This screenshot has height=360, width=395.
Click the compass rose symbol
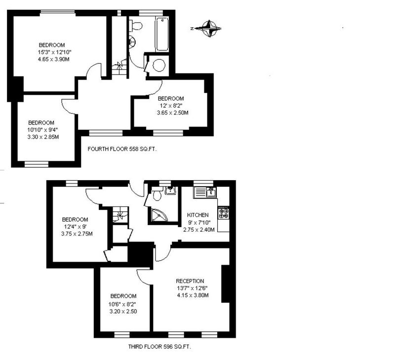(208, 29)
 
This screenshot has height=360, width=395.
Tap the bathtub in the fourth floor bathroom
(162, 34)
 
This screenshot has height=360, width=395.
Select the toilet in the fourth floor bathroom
(136, 26)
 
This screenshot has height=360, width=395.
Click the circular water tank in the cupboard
(159, 66)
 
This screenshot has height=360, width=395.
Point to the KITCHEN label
(198, 215)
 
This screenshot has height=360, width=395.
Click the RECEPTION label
(190, 281)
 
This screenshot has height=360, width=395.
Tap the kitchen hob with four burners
(224, 213)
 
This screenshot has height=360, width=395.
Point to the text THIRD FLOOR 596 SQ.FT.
(159, 347)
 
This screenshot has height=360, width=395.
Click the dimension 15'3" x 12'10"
(55, 52)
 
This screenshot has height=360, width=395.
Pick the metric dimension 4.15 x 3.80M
(193, 295)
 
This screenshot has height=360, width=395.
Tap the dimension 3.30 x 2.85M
(43, 137)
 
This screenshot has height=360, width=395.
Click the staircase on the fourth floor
(119, 67)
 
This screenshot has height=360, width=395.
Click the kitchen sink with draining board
(204, 192)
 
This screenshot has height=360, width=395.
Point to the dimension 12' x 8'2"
(170, 106)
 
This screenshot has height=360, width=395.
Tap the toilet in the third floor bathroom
(157, 195)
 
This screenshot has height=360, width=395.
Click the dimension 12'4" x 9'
(76, 227)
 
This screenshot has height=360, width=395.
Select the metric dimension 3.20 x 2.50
(123, 312)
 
